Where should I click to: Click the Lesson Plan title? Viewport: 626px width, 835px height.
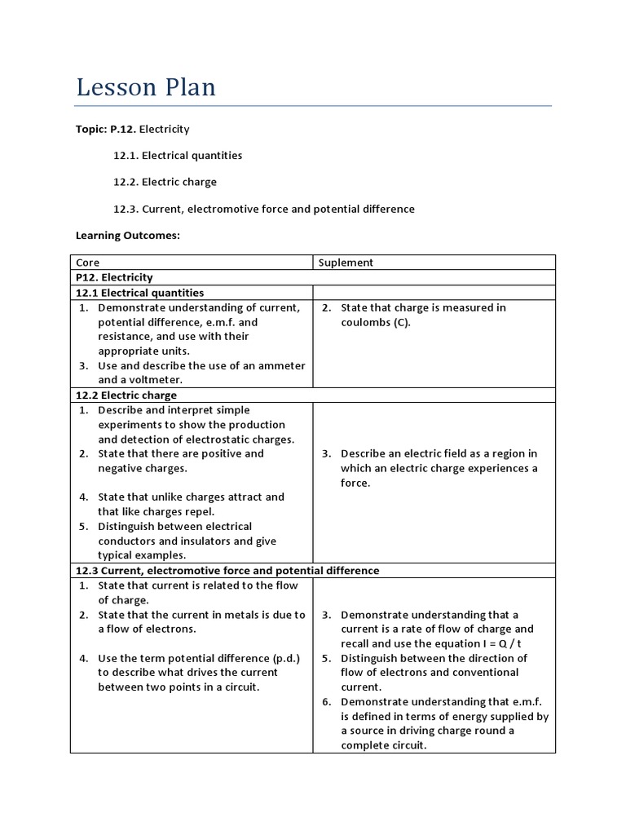tap(146, 87)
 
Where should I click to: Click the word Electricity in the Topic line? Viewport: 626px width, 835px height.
tap(165, 129)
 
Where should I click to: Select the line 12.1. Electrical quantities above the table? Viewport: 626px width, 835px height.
tap(178, 155)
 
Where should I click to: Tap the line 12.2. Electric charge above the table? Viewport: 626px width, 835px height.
tap(165, 182)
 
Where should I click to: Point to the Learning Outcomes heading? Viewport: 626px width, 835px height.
tap(127, 236)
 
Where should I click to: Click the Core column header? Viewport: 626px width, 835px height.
tap(87, 263)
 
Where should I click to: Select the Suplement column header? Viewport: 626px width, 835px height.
tap(346, 263)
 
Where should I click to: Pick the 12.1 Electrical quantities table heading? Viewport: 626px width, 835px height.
tap(139, 293)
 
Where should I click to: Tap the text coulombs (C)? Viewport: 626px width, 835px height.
tap(376, 322)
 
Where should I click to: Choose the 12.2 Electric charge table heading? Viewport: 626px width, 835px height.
tap(126, 395)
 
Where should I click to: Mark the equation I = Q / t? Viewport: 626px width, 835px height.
tap(509, 644)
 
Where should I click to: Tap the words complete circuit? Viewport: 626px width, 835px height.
tap(383, 745)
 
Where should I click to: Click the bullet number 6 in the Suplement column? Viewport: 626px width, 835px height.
tap(325, 702)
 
